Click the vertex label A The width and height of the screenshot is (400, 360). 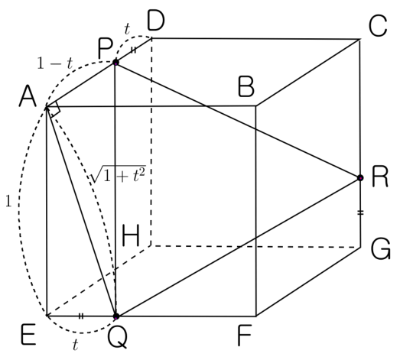(28, 96)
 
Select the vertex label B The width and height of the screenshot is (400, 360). (246, 87)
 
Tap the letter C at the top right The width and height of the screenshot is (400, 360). (378, 26)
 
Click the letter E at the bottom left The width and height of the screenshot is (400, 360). (28, 334)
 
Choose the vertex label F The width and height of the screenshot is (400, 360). (245, 336)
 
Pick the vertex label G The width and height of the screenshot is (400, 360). (381, 249)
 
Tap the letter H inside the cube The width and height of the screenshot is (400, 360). (131, 236)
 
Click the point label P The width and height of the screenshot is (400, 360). (105, 49)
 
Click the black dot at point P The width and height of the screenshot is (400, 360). (115, 63)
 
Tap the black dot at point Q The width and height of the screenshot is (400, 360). (116, 316)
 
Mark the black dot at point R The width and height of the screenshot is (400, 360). (360, 177)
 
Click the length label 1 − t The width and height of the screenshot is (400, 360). (55, 63)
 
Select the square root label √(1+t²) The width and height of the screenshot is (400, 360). (119, 174)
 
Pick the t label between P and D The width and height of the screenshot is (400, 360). (127, 29)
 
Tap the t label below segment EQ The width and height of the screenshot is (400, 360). (75, 345)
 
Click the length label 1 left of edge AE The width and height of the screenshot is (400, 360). (8, 201)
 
